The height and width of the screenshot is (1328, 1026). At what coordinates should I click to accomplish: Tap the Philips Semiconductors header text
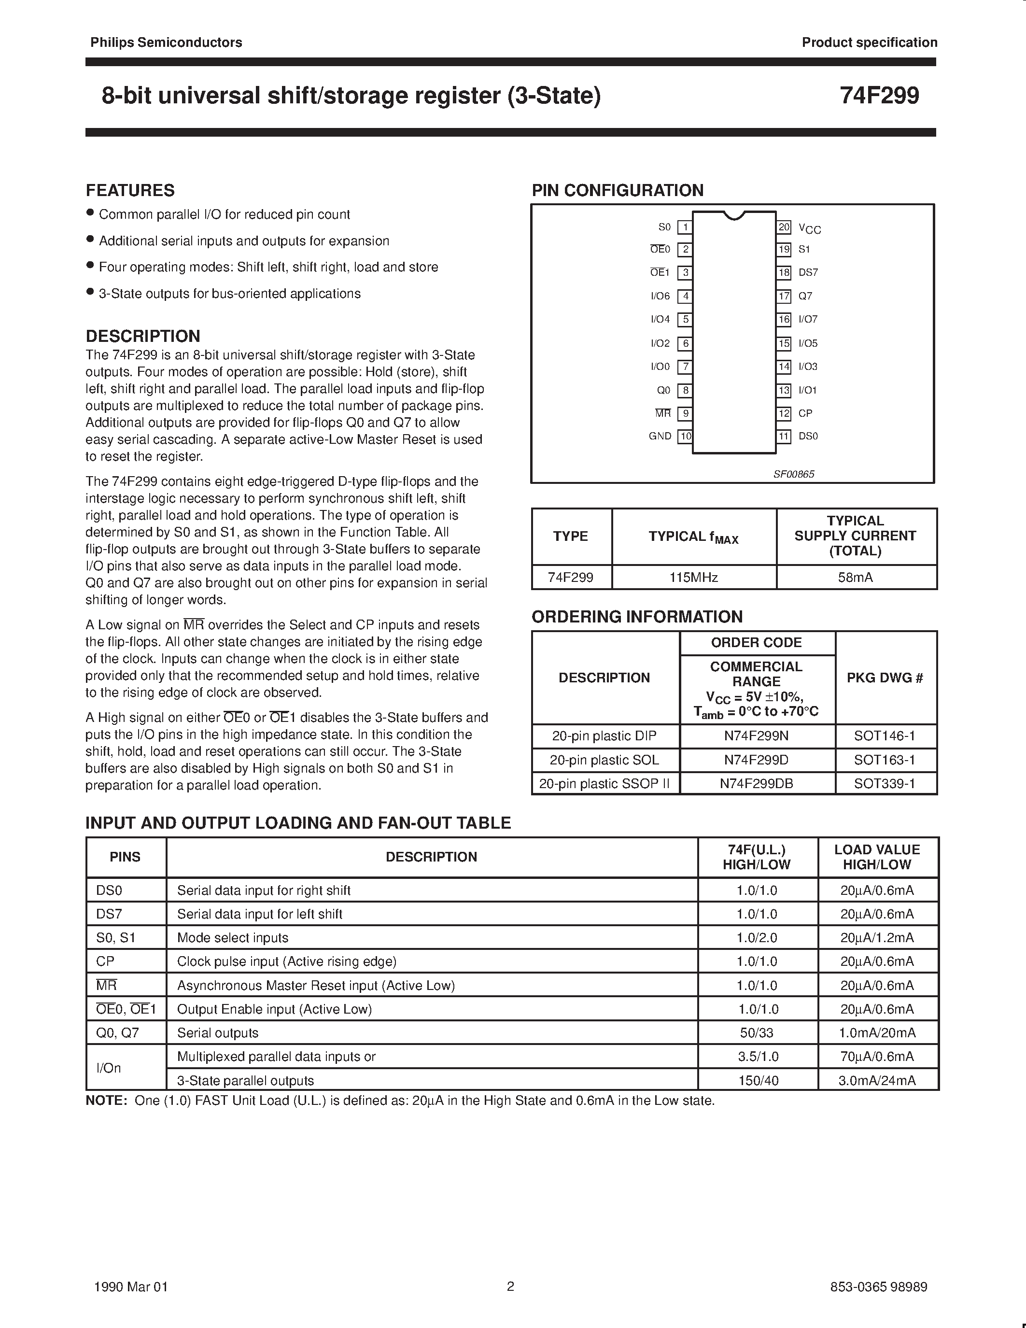[166, 42]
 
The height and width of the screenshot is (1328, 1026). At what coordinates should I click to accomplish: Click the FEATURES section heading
[130, 190]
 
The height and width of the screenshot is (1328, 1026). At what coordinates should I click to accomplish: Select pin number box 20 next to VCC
[784, 227]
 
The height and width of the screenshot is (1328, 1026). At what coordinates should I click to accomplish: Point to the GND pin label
[660, 437]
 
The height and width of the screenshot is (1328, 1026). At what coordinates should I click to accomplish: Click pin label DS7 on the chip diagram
[808, 272]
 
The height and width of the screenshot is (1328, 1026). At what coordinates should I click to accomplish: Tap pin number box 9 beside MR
[685, 413]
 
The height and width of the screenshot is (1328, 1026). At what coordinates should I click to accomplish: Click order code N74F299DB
[756, 784]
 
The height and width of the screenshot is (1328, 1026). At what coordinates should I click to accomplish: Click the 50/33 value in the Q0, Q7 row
[757, 1033]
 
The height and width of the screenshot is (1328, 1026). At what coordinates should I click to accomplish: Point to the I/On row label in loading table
[109, 1068]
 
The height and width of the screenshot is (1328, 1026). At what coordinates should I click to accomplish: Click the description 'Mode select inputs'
[233, 938]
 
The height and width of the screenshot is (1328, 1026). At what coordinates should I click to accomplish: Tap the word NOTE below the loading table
[106, 1101]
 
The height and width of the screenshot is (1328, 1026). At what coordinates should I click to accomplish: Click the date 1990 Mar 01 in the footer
[131, 1286]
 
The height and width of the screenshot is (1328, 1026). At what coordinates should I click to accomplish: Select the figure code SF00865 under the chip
[793, 474]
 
